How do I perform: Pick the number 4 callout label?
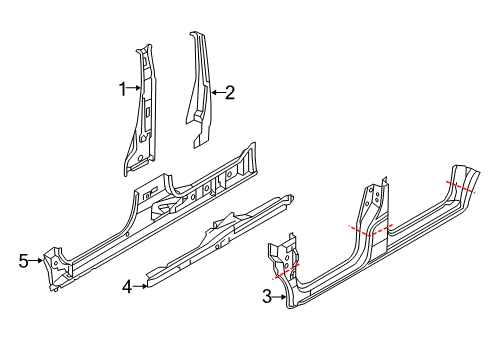point(127,286)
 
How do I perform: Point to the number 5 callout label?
point(23,261)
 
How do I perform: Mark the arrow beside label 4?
point(141,285)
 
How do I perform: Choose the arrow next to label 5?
point(37,261)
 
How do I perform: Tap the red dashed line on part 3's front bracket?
point(285,269)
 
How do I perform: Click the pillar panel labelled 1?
point(142,110)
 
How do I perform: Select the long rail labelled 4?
point(220,235)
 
